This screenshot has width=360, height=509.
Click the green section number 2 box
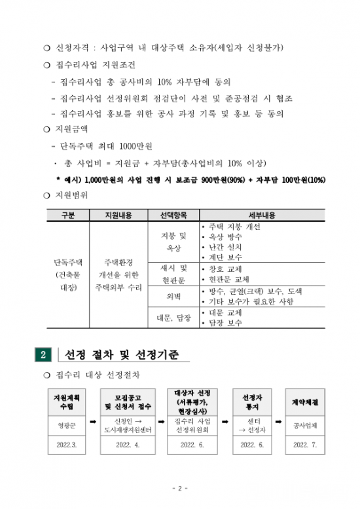click(x=43, y=355)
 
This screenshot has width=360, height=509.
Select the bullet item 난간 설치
click(x=226, y=247)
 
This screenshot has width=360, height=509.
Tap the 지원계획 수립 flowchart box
click(x=66, y=402)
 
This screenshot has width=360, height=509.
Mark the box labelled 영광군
click(x=66, y=425)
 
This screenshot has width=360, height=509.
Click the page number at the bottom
click(x=179, y=488)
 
